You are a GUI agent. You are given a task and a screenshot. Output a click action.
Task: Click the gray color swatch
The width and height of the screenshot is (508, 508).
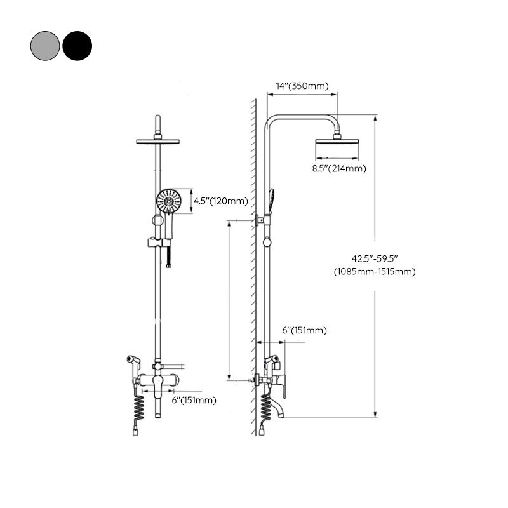point(44,45)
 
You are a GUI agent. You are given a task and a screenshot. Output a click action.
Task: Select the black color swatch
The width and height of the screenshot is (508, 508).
point(77,45)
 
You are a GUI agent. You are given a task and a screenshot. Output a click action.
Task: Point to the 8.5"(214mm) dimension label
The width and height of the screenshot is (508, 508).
point(338,168)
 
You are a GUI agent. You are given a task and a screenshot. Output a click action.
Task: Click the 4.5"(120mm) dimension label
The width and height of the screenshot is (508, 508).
point(220,201)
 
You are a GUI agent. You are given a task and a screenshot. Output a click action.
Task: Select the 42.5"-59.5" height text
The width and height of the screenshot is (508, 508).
point(375,258)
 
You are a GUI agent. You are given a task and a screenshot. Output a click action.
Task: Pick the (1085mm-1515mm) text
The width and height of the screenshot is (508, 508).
point(375,271)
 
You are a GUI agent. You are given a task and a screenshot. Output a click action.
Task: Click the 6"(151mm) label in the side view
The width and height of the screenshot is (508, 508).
point(304,330)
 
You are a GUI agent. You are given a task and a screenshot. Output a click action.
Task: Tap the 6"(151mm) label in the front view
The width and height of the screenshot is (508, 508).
point(194,400)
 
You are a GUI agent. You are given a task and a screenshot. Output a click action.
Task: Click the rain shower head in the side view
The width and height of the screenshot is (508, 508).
point(337,150)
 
